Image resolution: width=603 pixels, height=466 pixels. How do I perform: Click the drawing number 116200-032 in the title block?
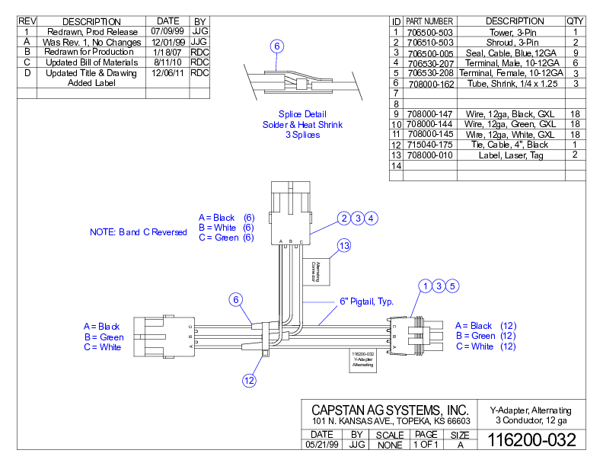(x=531, y=440)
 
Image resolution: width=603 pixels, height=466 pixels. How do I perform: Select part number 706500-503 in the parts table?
(x=430, y=33)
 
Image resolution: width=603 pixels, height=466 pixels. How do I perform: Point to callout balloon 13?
(x=345, y=245)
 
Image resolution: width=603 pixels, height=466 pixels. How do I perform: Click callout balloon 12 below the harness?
(x=249, y=380)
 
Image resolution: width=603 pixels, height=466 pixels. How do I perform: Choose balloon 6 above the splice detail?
(x=277, y=46)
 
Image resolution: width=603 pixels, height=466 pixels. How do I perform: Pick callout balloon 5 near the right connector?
(x=452, y=286)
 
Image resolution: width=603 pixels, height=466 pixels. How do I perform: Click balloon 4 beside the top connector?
(x=371, y=219)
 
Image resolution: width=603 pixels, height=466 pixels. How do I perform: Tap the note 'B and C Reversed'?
(x=138, y=232)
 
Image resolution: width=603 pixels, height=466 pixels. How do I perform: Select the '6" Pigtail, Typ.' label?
(x=366, y=302)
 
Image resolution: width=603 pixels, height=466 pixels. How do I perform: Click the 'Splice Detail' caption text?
(x=302, y=114)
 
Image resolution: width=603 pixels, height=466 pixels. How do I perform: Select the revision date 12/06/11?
(x=167, y=73)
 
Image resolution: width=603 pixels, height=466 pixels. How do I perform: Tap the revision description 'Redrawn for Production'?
(x=90, y=52)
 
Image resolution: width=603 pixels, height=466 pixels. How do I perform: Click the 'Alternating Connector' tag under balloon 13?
(x=315, y=270)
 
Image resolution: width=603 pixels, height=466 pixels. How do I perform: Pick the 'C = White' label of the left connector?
(x=102, y=347)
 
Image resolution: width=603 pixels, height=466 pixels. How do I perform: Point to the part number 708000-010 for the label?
(x=430, y=155)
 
